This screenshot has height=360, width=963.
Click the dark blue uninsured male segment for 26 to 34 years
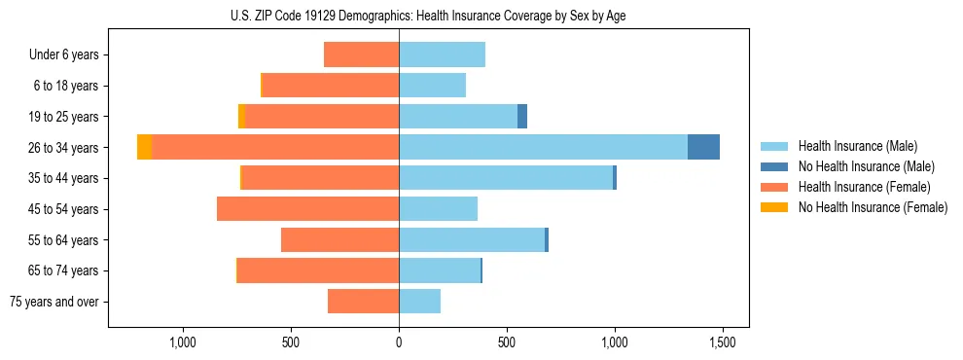(x=703, y=147)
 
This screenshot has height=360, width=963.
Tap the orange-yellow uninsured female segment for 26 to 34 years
(x=144, y=147)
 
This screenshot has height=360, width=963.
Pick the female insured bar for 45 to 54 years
(x=307, y=209)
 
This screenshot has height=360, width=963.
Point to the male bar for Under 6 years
(x=442, y=54)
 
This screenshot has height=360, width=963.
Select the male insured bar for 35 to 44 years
(x=506, y=178)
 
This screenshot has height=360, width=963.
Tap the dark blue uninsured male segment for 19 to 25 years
(x=522, y=117)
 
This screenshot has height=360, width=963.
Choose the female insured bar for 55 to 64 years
(x=339, y=240)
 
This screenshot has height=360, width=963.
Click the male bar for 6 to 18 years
(x=432, y=86)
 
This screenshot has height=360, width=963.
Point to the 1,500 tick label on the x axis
(x=722, y=342)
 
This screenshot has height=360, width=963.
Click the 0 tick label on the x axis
(x=399, y=342)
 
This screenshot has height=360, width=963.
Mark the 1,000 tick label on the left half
(x=183, y=342)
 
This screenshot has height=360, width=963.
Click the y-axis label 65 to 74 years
(x=64, y=270)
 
